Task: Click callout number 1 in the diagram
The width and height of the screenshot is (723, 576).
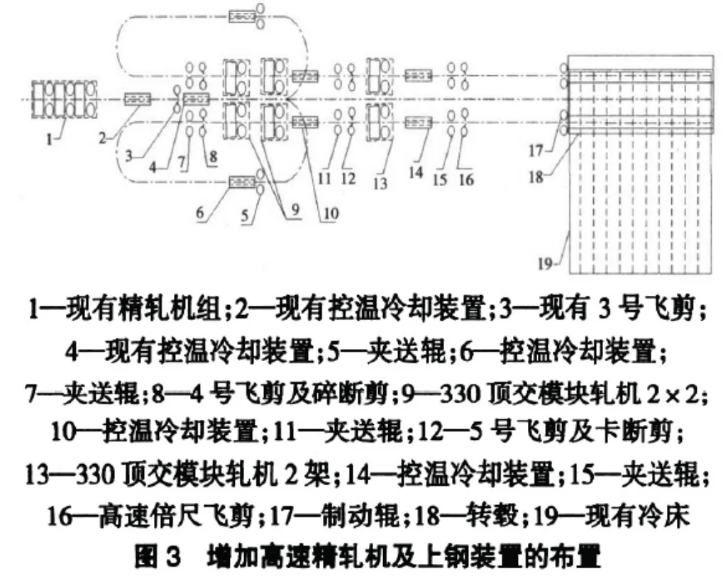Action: [49, 140]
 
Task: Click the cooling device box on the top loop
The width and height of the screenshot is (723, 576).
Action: [241, 14]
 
